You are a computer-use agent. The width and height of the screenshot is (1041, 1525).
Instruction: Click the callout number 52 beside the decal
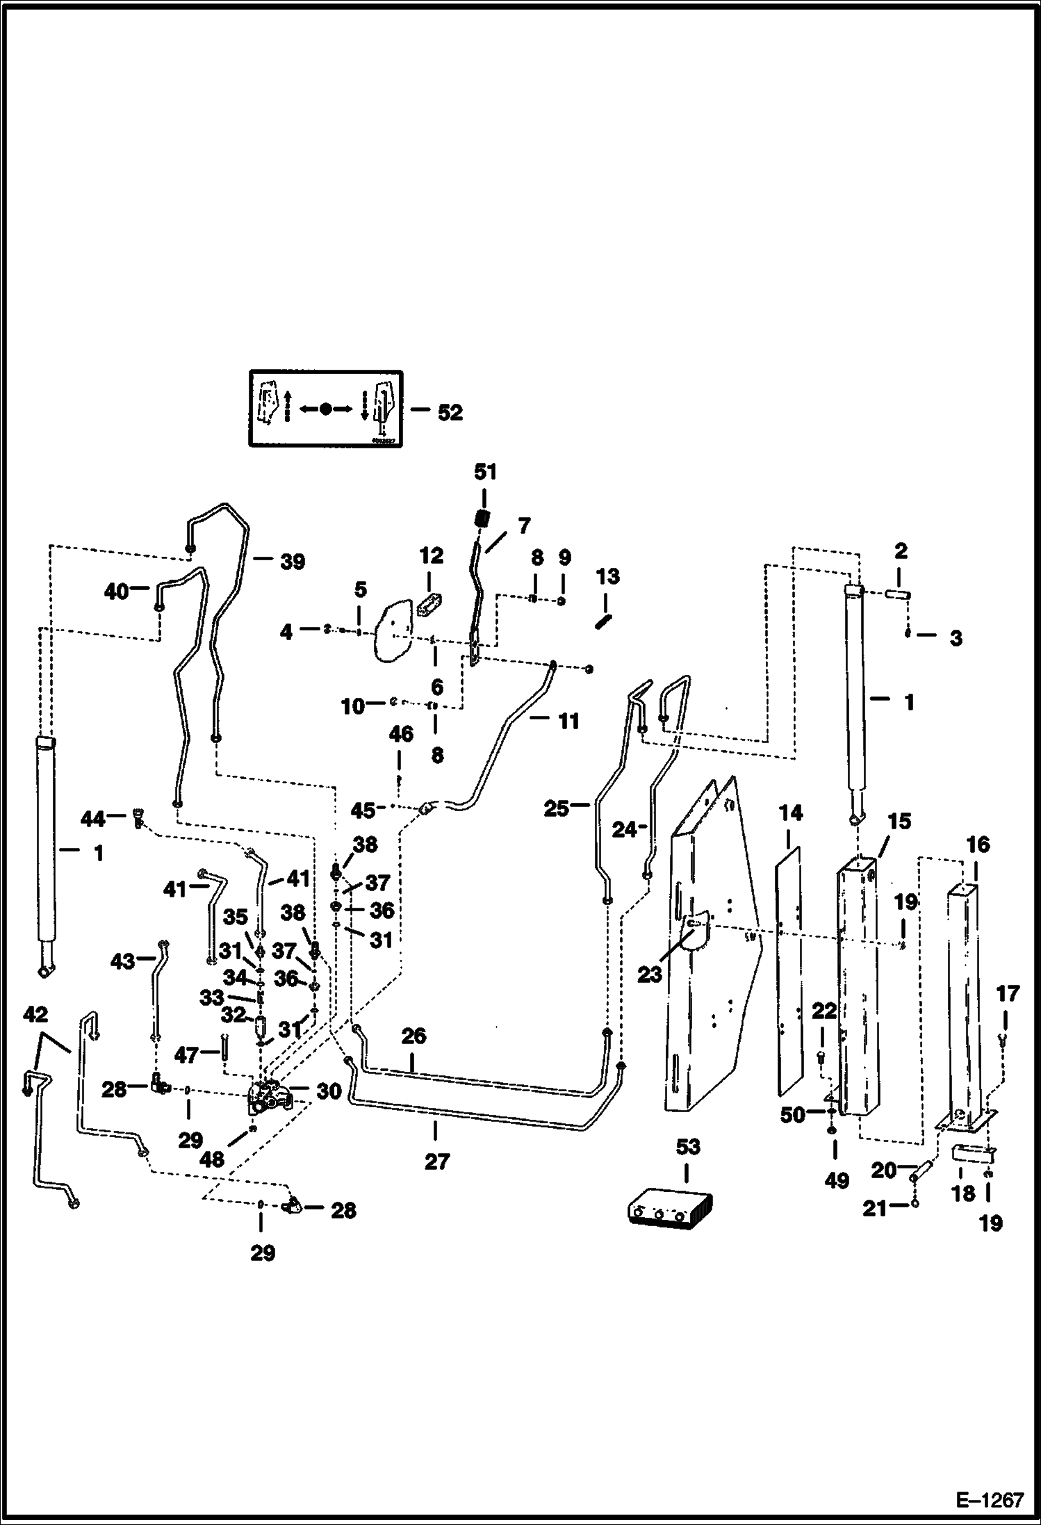point(450,412)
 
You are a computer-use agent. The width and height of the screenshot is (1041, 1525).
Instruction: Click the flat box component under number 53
point(672,1207)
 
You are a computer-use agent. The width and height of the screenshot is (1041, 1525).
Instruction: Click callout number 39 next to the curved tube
point(293,562)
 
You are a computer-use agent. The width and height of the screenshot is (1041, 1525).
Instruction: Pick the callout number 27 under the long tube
point(437,1161)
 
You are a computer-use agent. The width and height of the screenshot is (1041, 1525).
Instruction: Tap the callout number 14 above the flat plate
point(791,813)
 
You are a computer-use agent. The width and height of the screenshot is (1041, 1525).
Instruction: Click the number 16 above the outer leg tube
point(978,845)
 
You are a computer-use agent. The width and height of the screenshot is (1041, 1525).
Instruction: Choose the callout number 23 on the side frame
point(650,975)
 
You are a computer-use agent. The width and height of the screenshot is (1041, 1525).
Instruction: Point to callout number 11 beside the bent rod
point(568,721)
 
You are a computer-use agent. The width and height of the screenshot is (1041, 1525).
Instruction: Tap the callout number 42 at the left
point(35,1015)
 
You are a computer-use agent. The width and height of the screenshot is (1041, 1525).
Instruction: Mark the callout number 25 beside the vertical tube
point(556,808)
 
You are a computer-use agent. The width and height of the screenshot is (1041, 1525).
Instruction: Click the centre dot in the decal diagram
point(326,409)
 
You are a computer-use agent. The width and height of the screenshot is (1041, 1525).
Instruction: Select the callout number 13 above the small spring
point(607,576)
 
